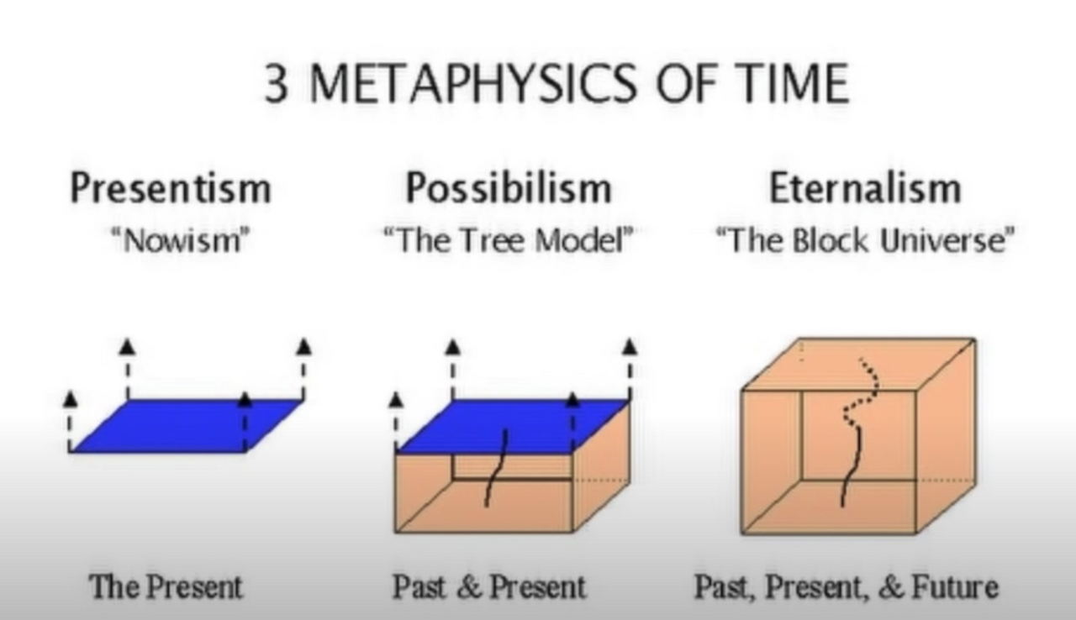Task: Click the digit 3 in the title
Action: click(277, 83)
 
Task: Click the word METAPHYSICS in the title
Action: click(473, 83)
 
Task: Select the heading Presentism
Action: click(171, 188)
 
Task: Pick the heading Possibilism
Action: click(509, 188)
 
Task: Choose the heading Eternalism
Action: click(865, 188)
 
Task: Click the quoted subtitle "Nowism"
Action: click(181, 239)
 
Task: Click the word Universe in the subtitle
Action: click(942, 239)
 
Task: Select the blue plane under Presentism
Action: click(187, 426)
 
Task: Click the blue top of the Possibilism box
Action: click(512, 426)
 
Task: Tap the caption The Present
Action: click(166, 586)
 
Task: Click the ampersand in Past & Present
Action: click(469, 587)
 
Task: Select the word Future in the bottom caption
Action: click(954, 586)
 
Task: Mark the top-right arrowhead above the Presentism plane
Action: click(303, 347)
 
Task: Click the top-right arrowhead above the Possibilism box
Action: click(630, 347)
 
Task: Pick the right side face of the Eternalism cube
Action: click(947, 437)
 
